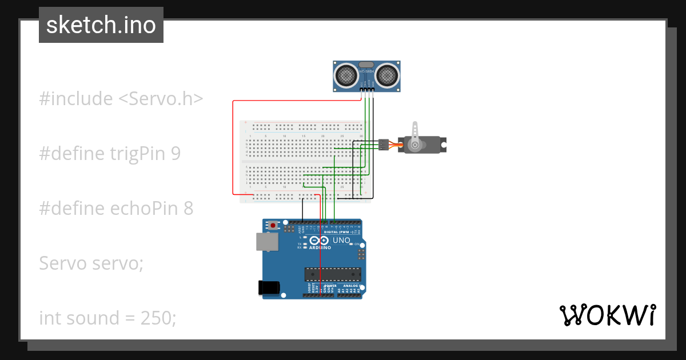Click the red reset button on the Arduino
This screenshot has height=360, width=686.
pos(273,226)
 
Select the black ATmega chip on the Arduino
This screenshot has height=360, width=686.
pos(333,274)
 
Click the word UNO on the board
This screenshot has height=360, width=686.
pos(341,241)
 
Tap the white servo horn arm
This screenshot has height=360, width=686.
pos(416,134)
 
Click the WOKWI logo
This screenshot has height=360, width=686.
pos(607,315)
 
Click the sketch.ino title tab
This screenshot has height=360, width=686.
pos(101,25)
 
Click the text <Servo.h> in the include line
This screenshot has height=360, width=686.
pos(161,99)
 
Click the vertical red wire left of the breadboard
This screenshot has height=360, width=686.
pos(233,149)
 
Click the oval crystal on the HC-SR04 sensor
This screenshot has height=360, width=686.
pos(366,65)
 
